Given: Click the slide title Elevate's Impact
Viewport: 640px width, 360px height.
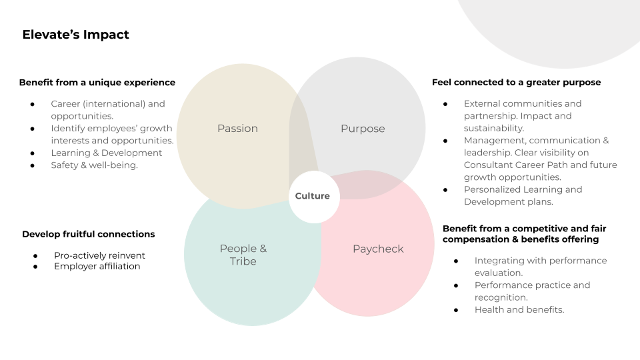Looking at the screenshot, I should tap(75, 35).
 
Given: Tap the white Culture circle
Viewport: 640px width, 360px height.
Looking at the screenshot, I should tap(313, 196).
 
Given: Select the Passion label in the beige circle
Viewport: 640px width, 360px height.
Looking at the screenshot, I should tap(237, 129).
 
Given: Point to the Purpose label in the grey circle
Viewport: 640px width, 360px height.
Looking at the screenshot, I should tap(363, 129).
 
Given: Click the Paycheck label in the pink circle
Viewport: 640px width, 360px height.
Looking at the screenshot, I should tap(378, 249).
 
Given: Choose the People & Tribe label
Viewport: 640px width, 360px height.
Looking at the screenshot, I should tap(243, 255).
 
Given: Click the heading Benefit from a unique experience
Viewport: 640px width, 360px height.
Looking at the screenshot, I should tap(97, 83).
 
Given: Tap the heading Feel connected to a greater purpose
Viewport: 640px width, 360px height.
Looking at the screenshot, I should tap(516, 83).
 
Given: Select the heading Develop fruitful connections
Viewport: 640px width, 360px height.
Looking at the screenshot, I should tap(88, 234).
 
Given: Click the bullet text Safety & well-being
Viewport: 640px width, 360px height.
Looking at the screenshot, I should tap(94, 165).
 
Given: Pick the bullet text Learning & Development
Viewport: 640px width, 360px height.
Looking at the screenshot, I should tap(106, 153).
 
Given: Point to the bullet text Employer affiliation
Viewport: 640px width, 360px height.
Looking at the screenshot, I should tap(97, 267).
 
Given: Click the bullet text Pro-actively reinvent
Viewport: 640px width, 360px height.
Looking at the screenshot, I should tap(99, 255).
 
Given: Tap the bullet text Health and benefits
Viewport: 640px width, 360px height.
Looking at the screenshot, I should tap(519, 310).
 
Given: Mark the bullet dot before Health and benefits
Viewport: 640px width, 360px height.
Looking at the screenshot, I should tap(456, 310).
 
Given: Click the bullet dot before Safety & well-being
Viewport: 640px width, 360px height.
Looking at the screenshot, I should tap(32, 165).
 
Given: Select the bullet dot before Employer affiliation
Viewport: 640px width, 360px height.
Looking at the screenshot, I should tap(35, 267).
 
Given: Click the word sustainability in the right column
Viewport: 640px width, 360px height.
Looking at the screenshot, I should tap(493, 128).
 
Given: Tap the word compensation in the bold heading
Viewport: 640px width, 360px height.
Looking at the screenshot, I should tap(475, 239).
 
